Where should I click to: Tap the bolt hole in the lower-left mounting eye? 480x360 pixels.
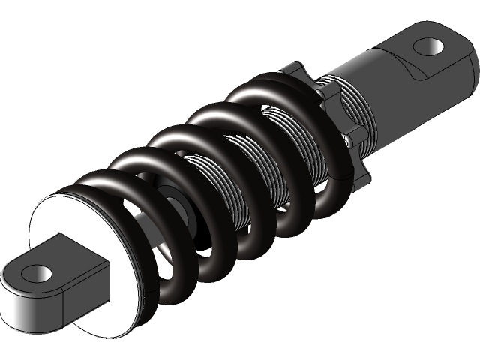40,273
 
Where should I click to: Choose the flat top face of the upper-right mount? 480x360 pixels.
416,41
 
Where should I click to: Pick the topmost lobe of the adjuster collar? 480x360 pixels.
292,69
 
